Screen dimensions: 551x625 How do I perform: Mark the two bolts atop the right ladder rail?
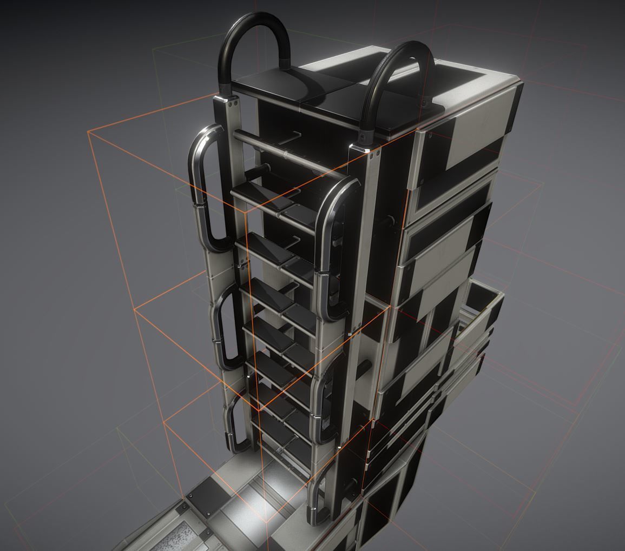(374, 153)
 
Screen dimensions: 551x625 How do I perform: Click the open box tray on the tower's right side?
(482, 303)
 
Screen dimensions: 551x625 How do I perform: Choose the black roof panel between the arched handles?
(325, 100)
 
